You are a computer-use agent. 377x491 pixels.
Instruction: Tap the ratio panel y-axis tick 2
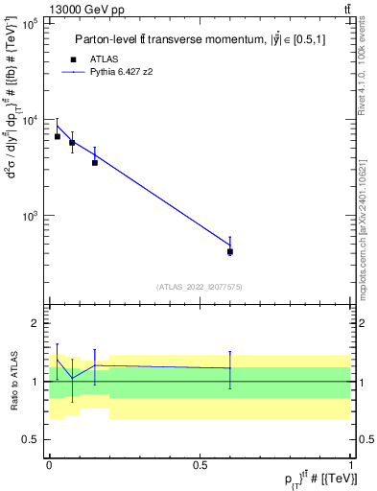tap(35, 324)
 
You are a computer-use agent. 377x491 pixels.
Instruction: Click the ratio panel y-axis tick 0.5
tap(31, 439)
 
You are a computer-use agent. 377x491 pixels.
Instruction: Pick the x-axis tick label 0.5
tap(200, 465)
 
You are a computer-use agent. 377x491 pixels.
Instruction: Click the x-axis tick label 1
tap(350, 465)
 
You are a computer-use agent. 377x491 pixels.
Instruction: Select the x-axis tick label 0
tap(49, 465)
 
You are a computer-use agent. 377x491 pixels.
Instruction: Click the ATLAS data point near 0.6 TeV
tap(230, 251)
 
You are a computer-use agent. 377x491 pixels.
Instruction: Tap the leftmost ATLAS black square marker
tap(57, 136)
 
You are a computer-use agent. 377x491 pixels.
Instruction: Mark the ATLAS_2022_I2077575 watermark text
tap(199, 286)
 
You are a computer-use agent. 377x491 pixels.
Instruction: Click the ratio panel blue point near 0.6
tap(230, 368)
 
